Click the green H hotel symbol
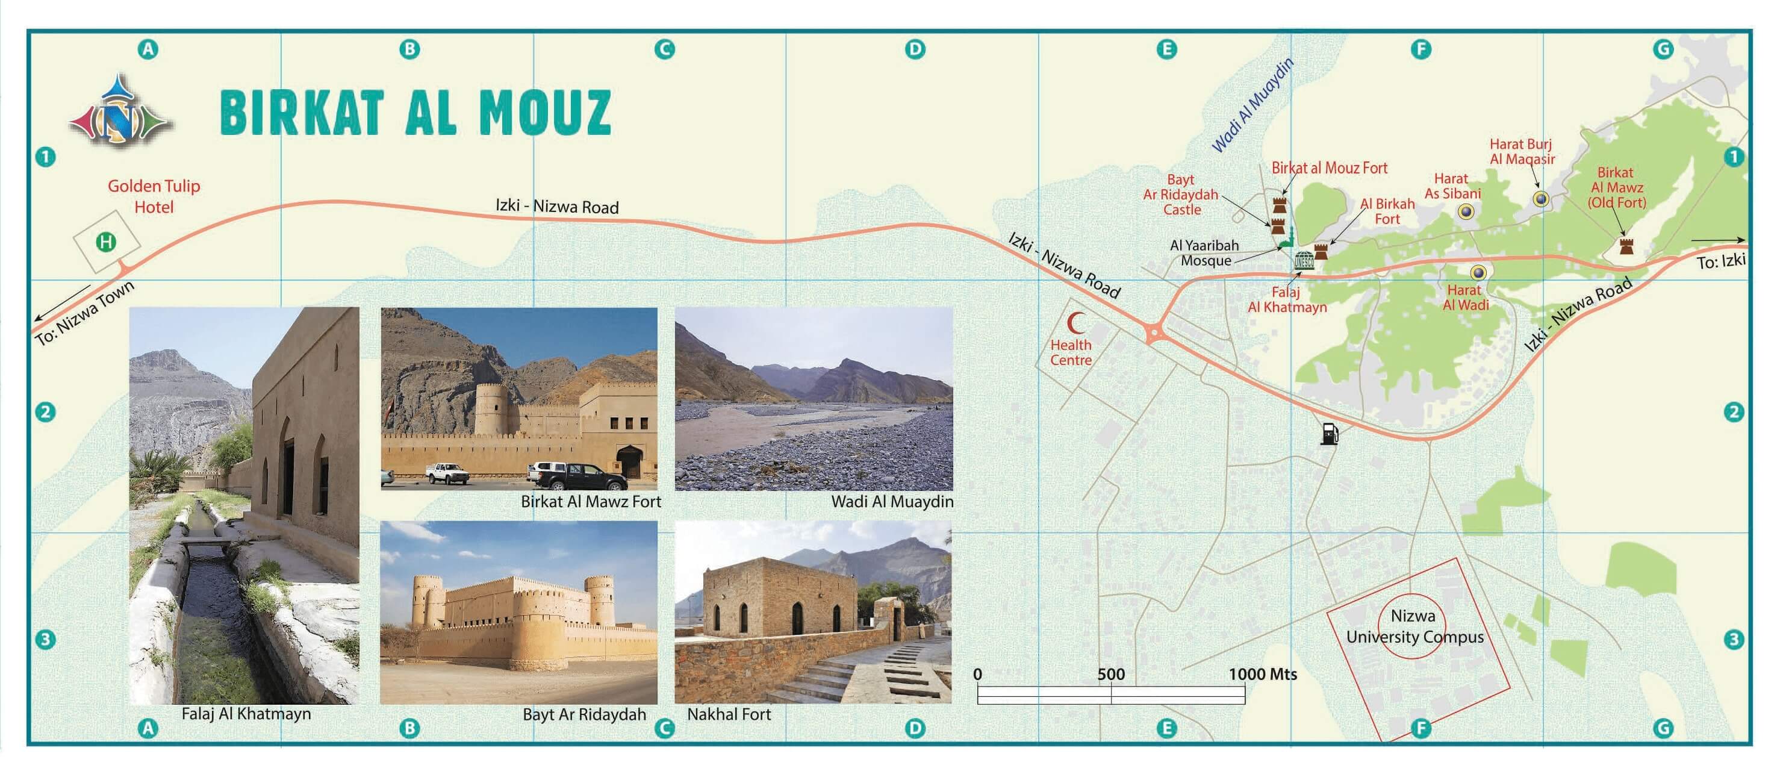pos(106,242)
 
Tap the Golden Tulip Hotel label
pos(154,196)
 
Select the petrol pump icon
pos(1330,434)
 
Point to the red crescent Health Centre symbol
pos(1075,323)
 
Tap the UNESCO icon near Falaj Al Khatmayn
pos(1304,260)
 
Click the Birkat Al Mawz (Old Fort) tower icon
pos(1626,246)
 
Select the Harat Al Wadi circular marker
pos(1478,272)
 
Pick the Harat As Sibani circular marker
pos(1465,212)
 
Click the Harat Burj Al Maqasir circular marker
pos(1541,199)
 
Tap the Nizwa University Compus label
pos(1414,626)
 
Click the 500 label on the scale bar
pos(1111,673)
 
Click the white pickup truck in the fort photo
pos(446,473)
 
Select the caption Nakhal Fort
pos(729,714)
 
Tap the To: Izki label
pos(1721,261)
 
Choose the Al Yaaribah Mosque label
pos(1204,253)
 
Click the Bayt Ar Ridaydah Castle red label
pos(1180,195)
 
